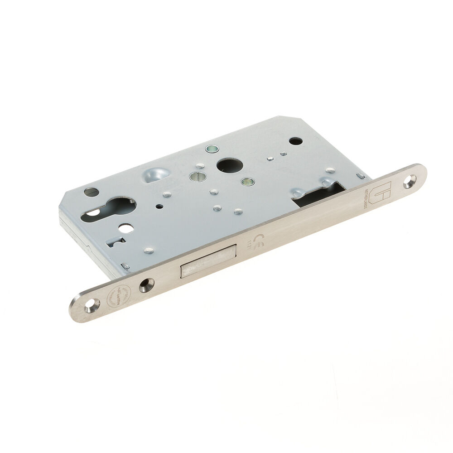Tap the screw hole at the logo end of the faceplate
point(411,180)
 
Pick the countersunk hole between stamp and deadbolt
point(146,284)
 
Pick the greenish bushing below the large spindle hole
point(247,182)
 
